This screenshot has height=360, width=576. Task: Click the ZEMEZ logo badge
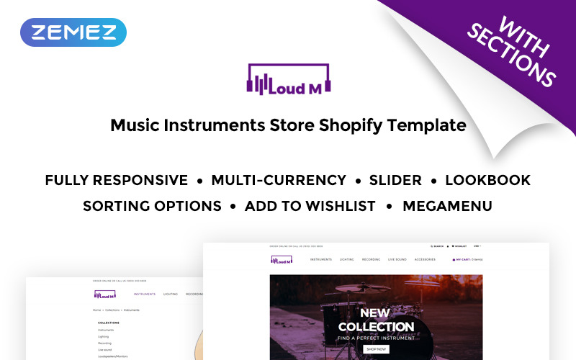(x=74, y=32)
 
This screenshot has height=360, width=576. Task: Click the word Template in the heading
(x=427, y=125)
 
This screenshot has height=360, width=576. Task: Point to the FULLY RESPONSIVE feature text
(x=116, y=180)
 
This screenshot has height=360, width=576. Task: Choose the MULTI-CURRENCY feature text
(x=279, y=180)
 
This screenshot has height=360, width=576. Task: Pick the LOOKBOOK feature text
(x=488, y=180)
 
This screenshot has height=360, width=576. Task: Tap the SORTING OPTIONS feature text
(x=152, y=206)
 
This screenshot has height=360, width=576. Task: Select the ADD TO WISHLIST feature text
(x=310, y=206)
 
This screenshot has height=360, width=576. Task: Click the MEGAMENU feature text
(x=447, y=206)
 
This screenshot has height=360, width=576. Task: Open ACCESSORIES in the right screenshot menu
(x=425, y=259)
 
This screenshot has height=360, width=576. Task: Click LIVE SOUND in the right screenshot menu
(x=397, y=259)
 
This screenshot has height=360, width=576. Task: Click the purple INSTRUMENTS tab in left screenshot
(x=145, y=294)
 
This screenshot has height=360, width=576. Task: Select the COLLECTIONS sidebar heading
(x=109, y=323)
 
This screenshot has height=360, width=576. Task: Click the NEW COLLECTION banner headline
(x=376, y=320)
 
